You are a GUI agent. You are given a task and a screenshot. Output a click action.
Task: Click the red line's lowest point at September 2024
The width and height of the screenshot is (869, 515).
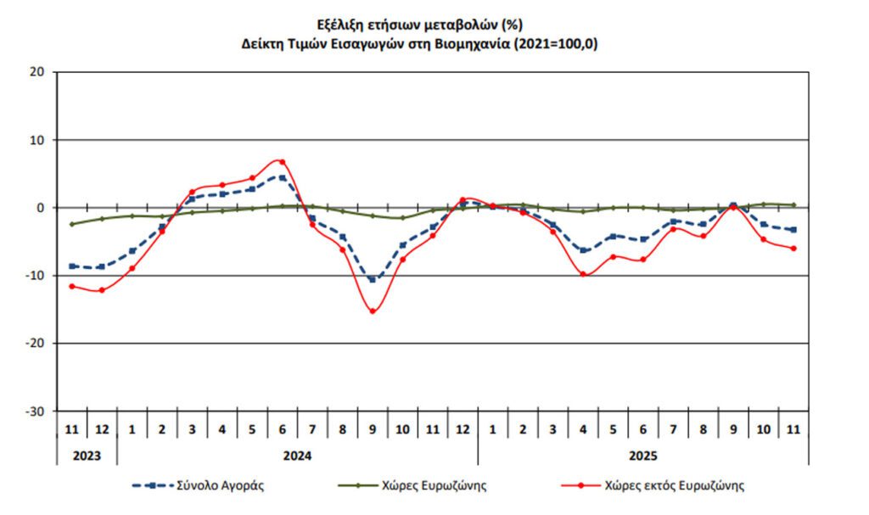373,311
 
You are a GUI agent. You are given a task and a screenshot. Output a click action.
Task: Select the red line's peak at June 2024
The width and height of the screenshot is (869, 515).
283,161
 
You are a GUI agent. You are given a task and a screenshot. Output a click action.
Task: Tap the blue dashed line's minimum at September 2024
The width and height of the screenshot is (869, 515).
373,279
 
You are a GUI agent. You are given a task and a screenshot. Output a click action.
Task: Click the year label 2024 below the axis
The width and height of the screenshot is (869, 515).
297,455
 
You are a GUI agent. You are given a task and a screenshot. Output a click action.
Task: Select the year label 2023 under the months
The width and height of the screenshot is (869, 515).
87,455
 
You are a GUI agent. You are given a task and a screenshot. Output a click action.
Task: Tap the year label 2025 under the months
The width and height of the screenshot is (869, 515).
642,455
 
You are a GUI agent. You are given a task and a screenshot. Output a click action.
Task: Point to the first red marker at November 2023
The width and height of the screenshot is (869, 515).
72,286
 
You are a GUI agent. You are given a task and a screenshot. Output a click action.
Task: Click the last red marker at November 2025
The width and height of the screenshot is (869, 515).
793,249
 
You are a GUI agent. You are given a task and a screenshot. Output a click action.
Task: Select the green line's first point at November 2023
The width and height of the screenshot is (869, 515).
72,224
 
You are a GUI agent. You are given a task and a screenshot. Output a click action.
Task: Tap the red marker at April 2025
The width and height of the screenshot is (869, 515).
583,274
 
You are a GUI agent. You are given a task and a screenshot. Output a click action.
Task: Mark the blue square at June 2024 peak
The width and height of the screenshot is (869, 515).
283,178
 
